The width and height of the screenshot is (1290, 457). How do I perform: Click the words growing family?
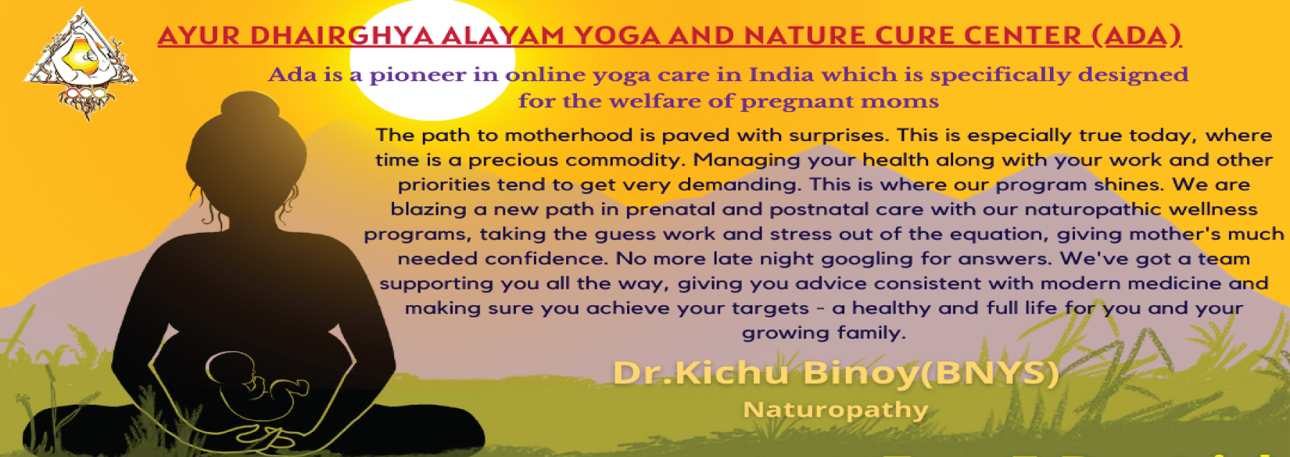pyautogui.click(x=824, y=333)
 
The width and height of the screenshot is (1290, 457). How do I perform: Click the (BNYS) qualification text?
pyautogui.click(x=988, y=372)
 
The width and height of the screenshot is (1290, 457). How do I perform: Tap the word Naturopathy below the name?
pyautogui.click(x=836, y=410)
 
